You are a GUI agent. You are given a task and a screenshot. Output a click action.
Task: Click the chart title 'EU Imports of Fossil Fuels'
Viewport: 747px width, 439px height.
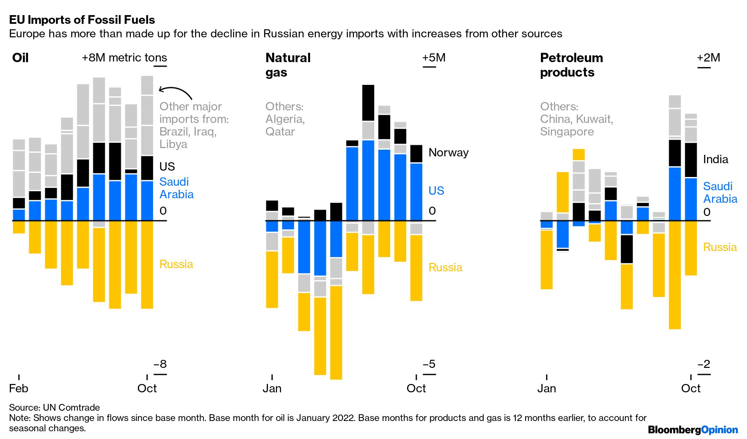(82, 20)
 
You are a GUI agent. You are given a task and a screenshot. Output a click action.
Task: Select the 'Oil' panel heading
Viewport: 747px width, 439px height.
(20, 58)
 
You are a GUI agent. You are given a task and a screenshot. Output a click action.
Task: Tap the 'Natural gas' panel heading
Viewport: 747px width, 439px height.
(288, 65)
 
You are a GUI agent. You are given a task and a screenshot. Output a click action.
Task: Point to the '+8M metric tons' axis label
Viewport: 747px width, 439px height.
(124, 58)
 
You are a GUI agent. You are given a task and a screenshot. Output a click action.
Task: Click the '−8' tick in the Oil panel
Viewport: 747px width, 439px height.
(160, 364)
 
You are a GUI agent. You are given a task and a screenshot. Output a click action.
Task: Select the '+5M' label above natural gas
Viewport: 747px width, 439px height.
(434, 58)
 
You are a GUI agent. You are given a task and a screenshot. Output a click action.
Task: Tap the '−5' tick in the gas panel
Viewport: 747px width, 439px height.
(429, 364)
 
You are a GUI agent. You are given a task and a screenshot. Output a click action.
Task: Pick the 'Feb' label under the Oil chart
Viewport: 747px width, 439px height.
(19, 388)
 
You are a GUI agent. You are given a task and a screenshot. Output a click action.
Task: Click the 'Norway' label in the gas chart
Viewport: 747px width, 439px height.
(448, 153)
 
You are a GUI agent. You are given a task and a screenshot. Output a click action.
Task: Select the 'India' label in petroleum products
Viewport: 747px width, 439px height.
(715, 159)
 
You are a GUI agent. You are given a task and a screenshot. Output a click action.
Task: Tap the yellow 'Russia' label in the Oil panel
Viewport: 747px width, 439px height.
(176, 264)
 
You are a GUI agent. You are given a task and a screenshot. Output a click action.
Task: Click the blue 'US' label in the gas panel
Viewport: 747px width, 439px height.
(436, 191)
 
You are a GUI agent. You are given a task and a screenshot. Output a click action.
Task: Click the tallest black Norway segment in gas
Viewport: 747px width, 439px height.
(368, 103)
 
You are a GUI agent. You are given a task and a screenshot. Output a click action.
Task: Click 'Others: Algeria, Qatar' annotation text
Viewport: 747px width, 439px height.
(285, 119)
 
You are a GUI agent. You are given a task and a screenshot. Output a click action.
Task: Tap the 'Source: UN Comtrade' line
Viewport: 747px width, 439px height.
(54, 407)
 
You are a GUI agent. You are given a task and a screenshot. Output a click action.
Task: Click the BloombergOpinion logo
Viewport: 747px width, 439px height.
(693, 430)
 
